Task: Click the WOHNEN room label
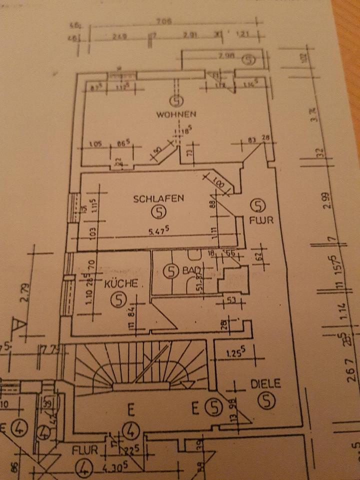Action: (x=176, y=114)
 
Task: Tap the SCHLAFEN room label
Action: (x=158, y=198)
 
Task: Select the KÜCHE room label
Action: (x=121, y=283)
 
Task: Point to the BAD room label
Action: (x=190, y=270)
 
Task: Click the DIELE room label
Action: (x=265, y=384)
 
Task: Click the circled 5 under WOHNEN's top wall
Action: (x=175, y=100)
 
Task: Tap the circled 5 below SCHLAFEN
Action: (x=158, y=212)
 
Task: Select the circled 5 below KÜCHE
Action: (x=118, y=300)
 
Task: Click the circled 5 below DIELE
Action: (x=267, y=400)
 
